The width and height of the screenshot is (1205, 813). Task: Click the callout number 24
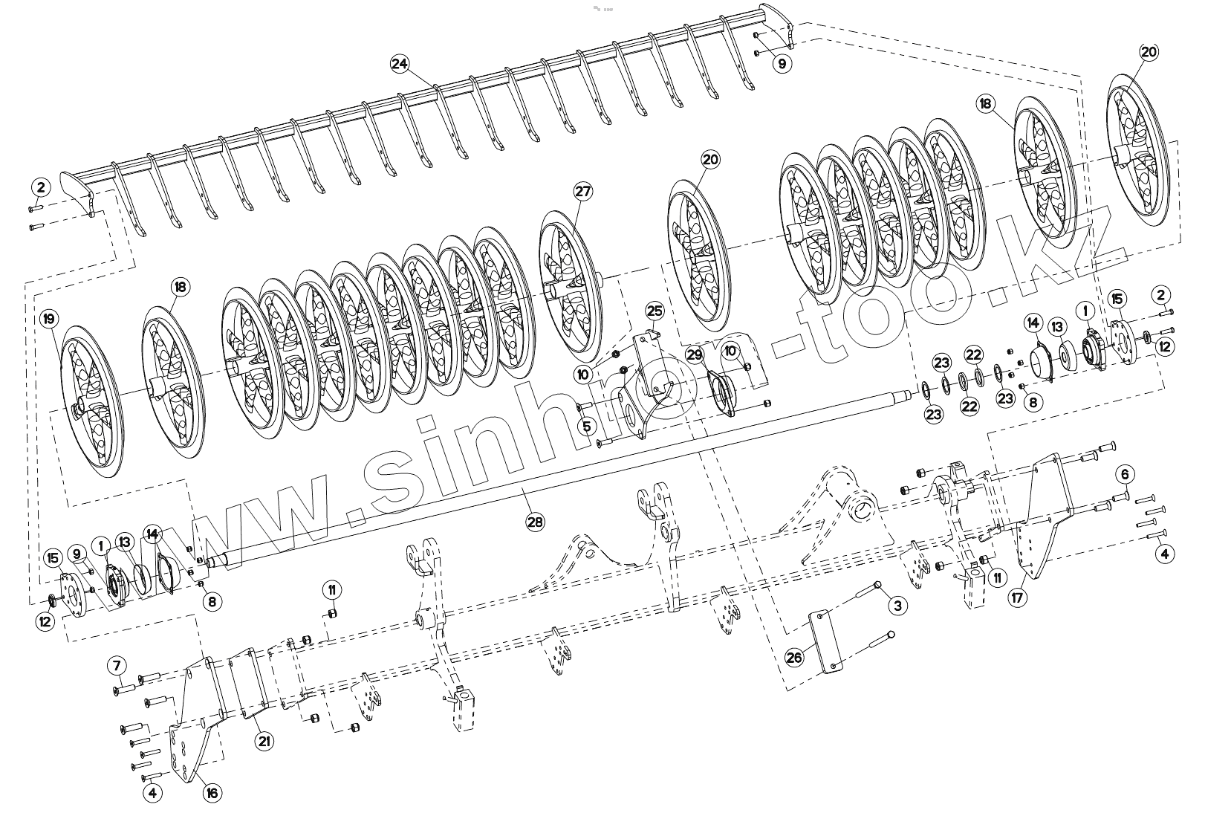pos(400,65)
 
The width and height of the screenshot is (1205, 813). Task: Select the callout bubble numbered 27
pos(583,192)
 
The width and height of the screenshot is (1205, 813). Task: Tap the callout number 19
pos(49,320)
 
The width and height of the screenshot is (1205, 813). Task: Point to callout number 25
pos(654,310)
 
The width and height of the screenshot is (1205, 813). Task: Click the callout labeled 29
pos(694,356)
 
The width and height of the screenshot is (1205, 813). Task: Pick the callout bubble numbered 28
pos(535,522)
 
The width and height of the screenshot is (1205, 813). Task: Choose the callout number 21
pos(264,740)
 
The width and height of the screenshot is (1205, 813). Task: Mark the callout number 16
pos(212,793)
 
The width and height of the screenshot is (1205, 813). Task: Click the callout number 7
pos(117,664)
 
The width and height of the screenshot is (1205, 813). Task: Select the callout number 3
pos(897,606)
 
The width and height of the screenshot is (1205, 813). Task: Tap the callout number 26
pos(794,658)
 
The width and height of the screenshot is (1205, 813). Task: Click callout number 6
pos(1124,474)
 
